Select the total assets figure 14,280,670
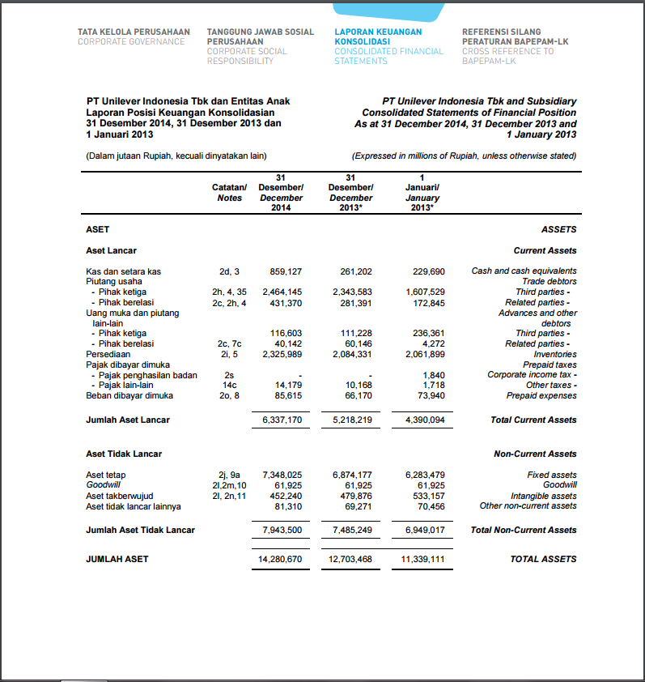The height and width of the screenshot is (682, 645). tap(280, 559)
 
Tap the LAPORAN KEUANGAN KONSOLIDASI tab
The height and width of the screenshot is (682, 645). tap(388, 46)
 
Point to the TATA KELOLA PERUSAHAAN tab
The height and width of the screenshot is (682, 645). tap(134, 36)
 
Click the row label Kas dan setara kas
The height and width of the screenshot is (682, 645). tap(123, 271)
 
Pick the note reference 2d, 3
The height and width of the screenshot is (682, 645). tap(229, 271)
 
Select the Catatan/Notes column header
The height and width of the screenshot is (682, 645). tap(229, 193)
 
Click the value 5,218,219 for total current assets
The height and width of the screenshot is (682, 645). tap(351, 420)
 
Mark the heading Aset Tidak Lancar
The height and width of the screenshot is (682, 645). tap(124, 454)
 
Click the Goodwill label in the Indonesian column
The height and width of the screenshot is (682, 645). tap(103, 485)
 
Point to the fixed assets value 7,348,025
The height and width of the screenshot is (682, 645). tap(282, 475)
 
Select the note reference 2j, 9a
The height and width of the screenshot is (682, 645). tap(229, 475)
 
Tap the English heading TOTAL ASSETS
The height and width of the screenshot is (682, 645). tap(543, 559)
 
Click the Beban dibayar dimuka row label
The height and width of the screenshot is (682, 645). tap(129, 395)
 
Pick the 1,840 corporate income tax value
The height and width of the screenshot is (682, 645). tap(434, 374)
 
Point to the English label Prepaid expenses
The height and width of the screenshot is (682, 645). tap(541, 395)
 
